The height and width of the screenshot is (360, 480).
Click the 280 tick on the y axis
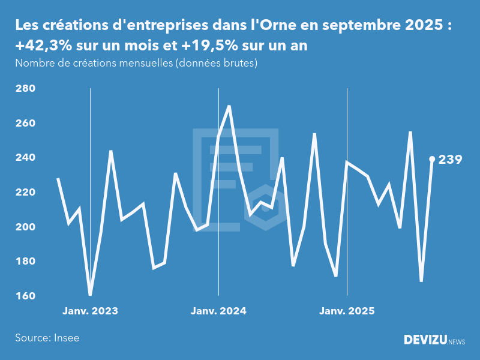pyautogui.click(x=25, y=89)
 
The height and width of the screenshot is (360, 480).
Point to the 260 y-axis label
pyautogui.click(x=25, y=124)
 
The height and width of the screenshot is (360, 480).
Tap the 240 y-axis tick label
pyautogui.click(x=25, y=158)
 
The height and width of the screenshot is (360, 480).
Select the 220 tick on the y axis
pyautogui.click(x=25, y=193)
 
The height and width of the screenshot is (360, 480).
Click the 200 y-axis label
pyautogui.click(x=25, y=227)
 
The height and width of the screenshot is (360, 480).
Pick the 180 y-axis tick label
pyautogui.click(x=25, y=262)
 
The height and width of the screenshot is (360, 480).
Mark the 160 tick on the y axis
pyautogui.click(x=25, y=296)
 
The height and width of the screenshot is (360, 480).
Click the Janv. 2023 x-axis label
pyautogui.click(x=90, y=311)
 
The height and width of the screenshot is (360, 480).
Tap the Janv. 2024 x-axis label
pyautogui.click(x=218, y=311)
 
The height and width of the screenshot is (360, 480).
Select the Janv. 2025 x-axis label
pyautogui.click(x=347, y=311)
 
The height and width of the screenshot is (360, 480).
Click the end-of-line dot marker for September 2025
pyautogui.click(x=432, y=159)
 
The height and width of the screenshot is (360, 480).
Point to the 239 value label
pyautogui.click(x=450, y=160)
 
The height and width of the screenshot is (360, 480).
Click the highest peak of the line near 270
pyautogui.click(x=229, y=106)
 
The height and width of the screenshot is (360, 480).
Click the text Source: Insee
pyautogui.click(x=47, y=338)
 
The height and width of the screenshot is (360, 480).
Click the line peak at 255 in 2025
pyautogui.click(x=410, y=132)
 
